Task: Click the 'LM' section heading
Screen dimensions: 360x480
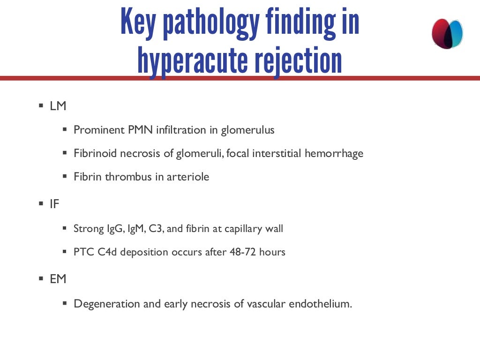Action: pos(58,106)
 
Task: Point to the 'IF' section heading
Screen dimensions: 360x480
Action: pos(55,204)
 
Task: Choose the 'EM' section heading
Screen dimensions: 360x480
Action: pos(58,279)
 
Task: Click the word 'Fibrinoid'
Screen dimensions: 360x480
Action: pos(95,153)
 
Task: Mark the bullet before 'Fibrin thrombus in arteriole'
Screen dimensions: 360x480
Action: pos(65,176)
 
